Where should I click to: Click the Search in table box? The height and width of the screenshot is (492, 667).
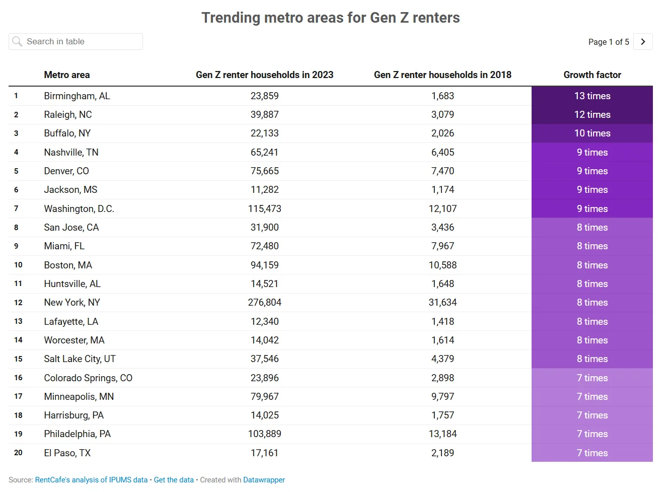pyautogui.click(x=76, y=42)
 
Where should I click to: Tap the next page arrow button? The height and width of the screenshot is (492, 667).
pyautogui.click(x=643, y=42)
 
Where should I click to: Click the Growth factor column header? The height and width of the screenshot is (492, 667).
pyautogui.click(x=592, y=75)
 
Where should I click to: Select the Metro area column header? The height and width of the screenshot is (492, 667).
pyautogui.click(x=66, y=75)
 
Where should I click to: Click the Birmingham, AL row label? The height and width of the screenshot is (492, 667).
pyautogui.click(x=77, y=96)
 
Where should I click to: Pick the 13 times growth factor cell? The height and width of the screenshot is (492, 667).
pyautogui.click(x=592, y=96)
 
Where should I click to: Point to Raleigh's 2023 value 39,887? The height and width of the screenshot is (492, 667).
pyautogui.click(x=264, y=115)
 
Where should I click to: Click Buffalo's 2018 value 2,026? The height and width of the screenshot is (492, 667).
pyautogui.click(x=442, y=133)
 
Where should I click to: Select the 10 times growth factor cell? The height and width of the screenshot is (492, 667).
pyautogui.click(x=592, y=133)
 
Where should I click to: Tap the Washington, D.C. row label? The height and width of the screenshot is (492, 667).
pyautogui.click(x=79, y=209)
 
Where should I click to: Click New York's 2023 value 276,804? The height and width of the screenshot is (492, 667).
pyautogui.click(x=264, y=303)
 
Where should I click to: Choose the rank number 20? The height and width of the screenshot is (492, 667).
pyautogui.click(x=18, y=453)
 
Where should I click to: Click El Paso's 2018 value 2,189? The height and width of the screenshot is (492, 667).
pyautogui.click(x=442, y=453)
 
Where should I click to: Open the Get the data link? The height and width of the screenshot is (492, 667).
pyautogui.click(x=174, y=480)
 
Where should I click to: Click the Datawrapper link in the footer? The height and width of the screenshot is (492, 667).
pyautogui.click(x=264, y=480)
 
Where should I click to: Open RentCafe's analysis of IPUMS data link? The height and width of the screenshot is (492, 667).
pyautogui.click(x=91, y=480)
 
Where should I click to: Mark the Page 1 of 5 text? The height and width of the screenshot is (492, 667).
pyautogui.click(x=608, y=42)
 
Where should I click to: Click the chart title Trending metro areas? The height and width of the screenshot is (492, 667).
pyautogui.click(x=330, y=18)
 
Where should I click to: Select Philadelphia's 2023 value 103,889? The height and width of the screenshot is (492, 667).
pyautogui.click(x=264, y=434)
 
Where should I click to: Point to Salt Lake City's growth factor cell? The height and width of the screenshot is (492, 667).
pyautogui.click(x=592, y=359)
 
